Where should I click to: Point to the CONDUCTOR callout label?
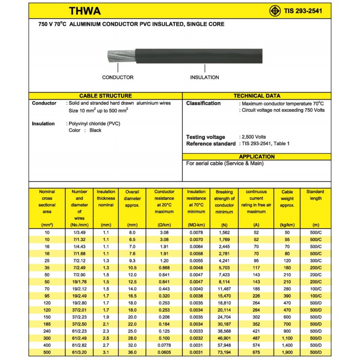(118, 77)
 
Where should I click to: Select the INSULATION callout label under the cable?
(204, 77)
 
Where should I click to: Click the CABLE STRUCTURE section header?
(105, 96)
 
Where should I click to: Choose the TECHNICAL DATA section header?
(257, 96)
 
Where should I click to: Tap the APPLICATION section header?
(257, 156)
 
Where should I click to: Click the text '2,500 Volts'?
(253, 137)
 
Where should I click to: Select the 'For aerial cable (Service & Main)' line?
(225, 164)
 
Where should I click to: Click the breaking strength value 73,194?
(224, 353)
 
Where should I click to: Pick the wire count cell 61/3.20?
(79, 353)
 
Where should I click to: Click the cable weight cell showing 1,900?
(287, 353)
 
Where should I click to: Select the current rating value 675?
(256, 353)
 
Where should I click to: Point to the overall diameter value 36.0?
(132, 353)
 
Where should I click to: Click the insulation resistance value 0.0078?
(196, 232)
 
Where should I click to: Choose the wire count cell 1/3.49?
(79, 232)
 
